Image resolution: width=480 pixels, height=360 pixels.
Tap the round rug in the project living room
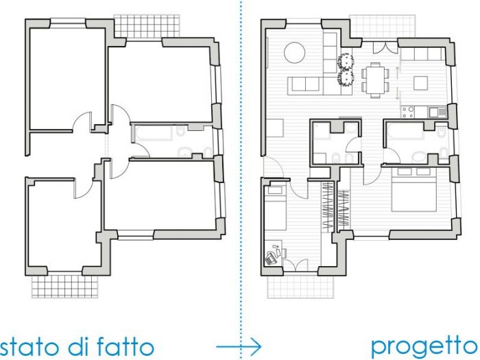295,52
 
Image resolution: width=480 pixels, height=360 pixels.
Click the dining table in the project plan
374,77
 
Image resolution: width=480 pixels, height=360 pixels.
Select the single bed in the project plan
276,206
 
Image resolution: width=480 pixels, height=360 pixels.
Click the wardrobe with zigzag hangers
328,206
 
